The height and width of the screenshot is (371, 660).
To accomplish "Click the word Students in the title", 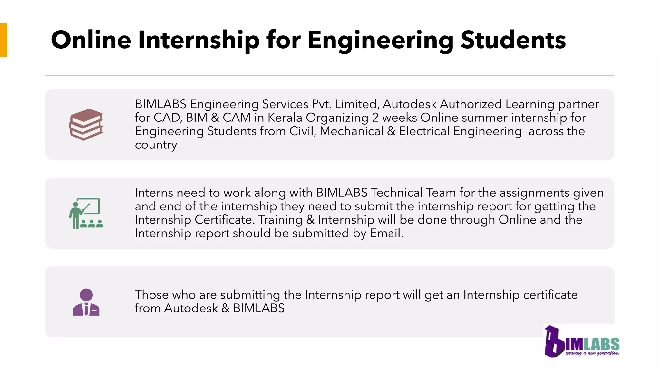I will click(x=513, y=40).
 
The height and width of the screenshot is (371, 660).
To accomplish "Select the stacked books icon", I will click(x=86, y=125).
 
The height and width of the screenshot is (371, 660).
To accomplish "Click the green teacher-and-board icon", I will click(x=86, y=213).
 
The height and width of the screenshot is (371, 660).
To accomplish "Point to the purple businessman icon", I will click(x=86, y=302).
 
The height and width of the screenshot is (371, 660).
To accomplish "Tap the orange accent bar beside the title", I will click(x=4, y=40).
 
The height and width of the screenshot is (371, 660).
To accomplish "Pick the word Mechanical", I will click(x=351, y=131).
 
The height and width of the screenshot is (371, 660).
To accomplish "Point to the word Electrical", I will click(x=424, y=131).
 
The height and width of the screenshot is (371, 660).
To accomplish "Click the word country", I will click(x=156, y=145).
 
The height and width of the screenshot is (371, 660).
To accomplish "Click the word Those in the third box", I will click(x=151, y=295).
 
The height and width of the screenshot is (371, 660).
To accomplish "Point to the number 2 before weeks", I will click(x=375, y=118).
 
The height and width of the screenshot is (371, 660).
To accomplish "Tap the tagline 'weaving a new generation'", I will click(x=592, y=353).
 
